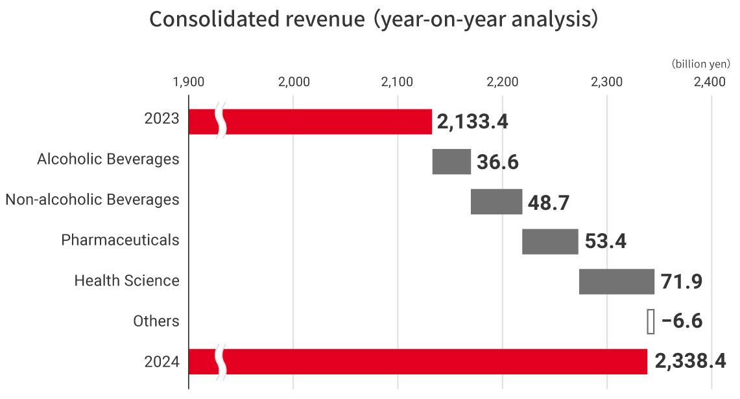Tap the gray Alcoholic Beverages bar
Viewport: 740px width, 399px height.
click(451, 161)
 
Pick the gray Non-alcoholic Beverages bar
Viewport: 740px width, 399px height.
click(496, 201)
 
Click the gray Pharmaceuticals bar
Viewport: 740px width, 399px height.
click(550, 242)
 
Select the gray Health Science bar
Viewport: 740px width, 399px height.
click(616, 282)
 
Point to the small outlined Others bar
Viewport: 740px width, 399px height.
click(650, 321)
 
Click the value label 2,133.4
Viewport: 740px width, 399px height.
click(472, 122)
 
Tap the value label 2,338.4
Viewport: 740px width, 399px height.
click(690, 361)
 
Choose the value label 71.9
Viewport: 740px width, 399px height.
click(682, 282)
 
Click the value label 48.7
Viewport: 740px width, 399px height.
click(549, 202)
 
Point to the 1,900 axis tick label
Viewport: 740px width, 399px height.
click(189, 82)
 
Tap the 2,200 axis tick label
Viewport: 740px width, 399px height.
click(502, 82)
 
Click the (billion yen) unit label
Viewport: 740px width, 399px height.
click(701, 64)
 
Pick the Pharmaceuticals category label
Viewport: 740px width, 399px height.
click(120, 240)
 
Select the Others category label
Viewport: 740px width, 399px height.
click(156, 321)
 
